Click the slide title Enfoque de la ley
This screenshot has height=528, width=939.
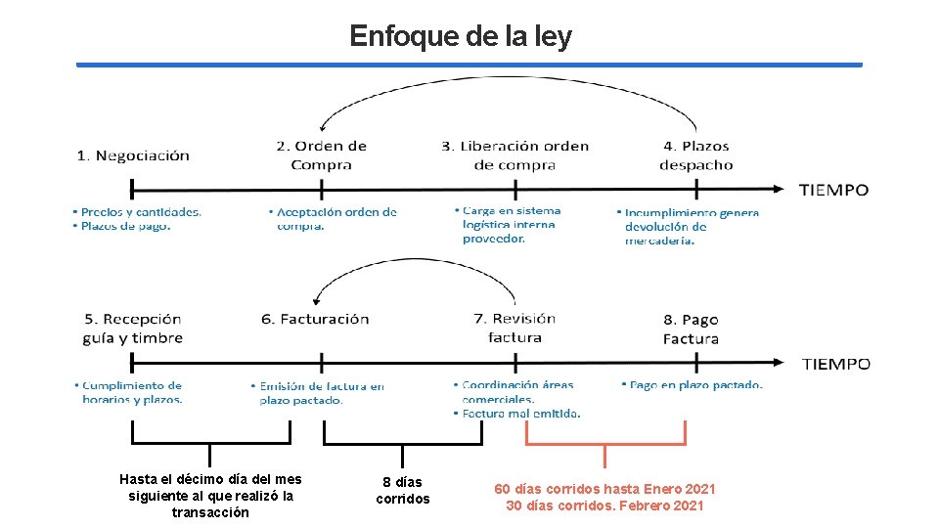point(461,36)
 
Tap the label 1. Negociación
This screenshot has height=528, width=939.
point(133,155)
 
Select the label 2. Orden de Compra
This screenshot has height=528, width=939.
point(321,155)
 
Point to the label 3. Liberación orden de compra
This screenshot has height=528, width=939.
point(514,155)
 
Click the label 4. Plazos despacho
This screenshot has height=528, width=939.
point(695,155)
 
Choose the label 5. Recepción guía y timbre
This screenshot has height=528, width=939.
point(133,329)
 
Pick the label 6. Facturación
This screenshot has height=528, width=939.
point(315,319)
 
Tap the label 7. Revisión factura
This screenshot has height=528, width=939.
point(514,328)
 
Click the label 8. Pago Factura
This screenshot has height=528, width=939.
point(691,330)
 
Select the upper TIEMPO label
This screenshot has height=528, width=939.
point(833,190)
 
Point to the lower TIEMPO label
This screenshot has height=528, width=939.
point(836,364)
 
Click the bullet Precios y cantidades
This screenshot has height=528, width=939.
point(141,212)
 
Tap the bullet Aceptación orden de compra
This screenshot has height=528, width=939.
point(336,218)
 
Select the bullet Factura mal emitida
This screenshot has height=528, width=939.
point(521,414)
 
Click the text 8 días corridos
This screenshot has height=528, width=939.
point(402,491)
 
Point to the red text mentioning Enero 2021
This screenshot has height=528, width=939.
point(604,489)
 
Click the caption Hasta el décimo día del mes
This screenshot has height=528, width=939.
point(210,479)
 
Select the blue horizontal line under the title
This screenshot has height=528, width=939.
point(469,66)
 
